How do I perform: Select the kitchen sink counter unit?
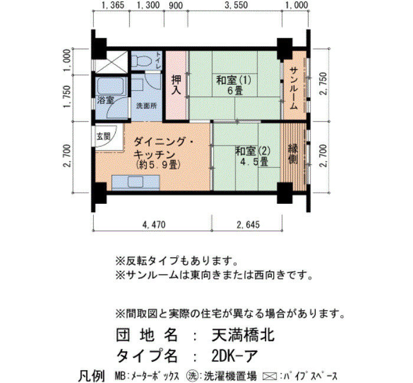tap(136, 182)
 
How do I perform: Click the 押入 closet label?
tap(176, 85)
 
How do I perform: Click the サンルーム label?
tap(294, 88)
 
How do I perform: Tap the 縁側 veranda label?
tap(293, 154)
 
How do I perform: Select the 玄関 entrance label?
tap(103, 136)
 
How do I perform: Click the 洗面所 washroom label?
tap(146, 105)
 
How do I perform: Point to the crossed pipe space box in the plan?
tap(111, 62)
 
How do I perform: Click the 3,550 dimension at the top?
tap(236, 5)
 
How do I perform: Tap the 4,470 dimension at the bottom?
tap(154, 224)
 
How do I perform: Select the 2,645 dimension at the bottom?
tap(248, 224)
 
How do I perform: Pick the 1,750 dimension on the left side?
tap(67, 97)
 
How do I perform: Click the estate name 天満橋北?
tap(243, 335)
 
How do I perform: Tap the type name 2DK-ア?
tap(234, 356)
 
